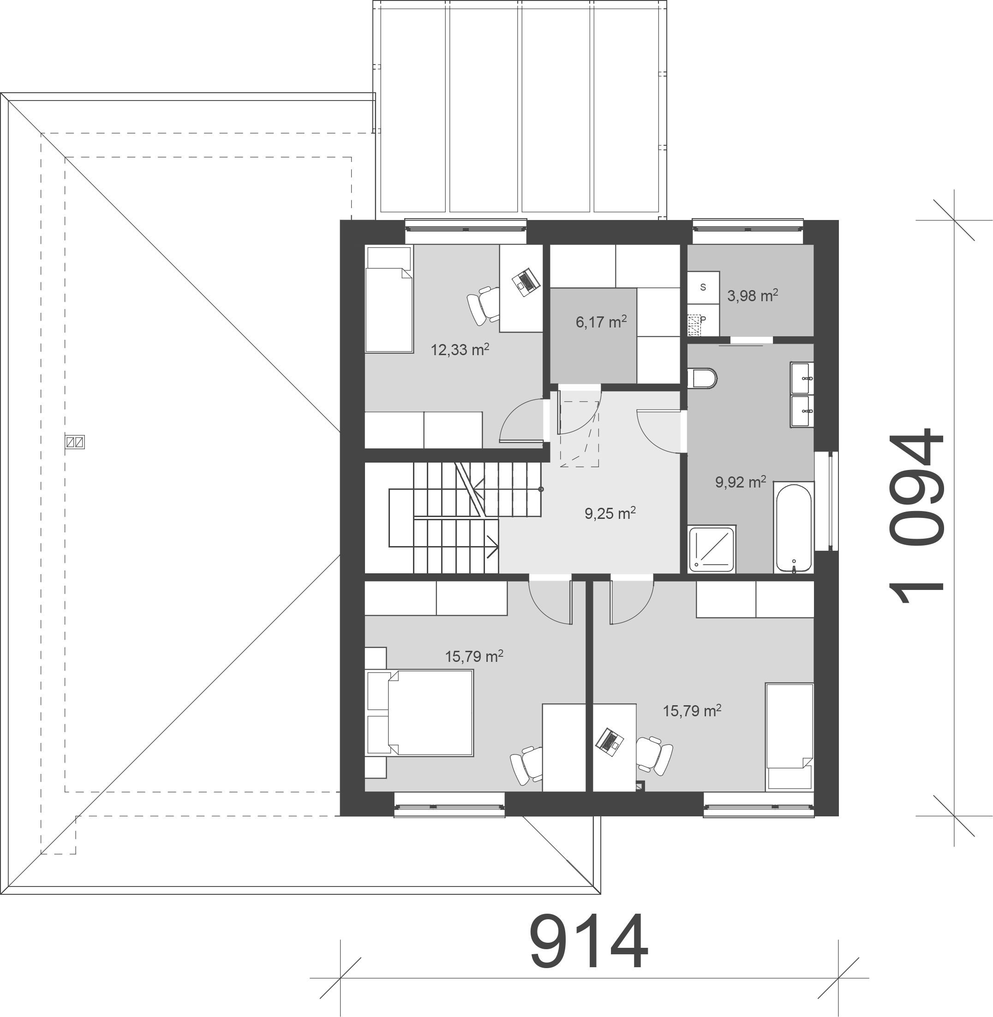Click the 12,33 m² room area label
pos(460,349)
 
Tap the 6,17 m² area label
pos(601,321)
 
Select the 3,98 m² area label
pos(753,296)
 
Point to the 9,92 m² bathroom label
pos(741,482)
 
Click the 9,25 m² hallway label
pos(610,513)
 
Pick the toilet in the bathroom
pos(702,379)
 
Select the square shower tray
pos(712,549)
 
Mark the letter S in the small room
pos(703,287)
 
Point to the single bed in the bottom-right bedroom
pos(790,737)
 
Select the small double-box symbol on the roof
pos(75,442)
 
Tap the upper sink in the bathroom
pos(802,378)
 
